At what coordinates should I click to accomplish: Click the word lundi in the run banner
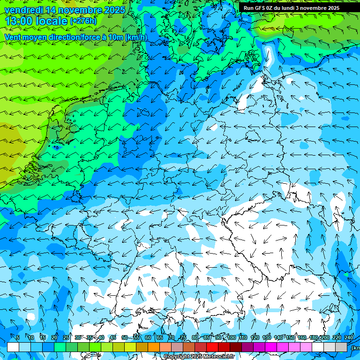[286, 8]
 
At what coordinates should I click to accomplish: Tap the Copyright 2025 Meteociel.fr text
[199, 357]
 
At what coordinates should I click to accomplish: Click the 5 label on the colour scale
[18, 338]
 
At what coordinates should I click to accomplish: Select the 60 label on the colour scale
[148, 338]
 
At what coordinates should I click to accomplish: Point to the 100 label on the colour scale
[232, 338]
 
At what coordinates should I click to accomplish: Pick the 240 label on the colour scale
[349, 338]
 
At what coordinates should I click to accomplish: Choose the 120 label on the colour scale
[255, 338]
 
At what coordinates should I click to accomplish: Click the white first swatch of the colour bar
[13, 347]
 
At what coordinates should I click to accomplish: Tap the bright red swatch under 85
[212, 347]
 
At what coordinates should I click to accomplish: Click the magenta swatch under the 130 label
[271, 347]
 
